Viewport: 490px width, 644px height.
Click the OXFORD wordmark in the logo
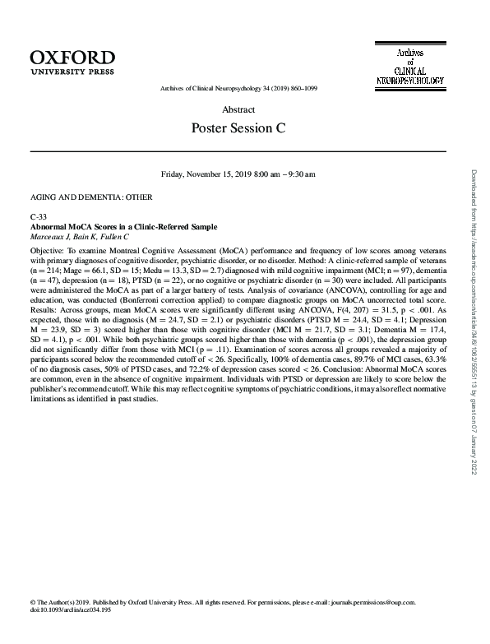[x=72, y=57]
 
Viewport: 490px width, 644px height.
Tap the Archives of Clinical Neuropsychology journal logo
[x=409, y=67]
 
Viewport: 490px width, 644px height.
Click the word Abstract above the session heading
[x=238, y=109]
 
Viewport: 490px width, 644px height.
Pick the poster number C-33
[x=39, y=217]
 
